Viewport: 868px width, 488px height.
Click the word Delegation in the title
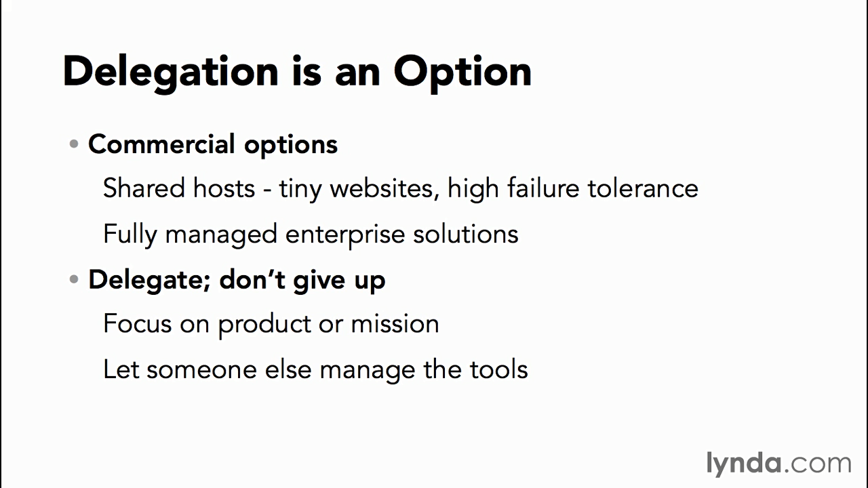tap(170, 73)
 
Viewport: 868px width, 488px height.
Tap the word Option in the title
tap(462, 73)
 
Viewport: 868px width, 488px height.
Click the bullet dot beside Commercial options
tap(74, 144)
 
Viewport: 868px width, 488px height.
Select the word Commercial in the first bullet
tap(161, 144)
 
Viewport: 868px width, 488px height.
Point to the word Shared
tap(144, 188)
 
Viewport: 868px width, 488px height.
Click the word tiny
tap(300, 190)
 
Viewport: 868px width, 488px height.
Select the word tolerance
tap(644, 188)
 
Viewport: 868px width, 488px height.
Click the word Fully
tap(130, 235)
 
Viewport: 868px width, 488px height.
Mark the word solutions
tap(465, 234)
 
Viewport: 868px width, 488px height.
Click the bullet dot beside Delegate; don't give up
tap(74, 279)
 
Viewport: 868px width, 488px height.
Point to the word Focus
tap(137, 324)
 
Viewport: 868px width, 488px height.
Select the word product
tap(264, 325)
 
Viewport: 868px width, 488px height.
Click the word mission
tap(395, 324)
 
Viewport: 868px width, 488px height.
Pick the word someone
tap(201, 370)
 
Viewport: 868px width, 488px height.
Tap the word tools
tap(498, 369)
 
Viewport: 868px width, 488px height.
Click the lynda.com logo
tap(779, 463)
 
